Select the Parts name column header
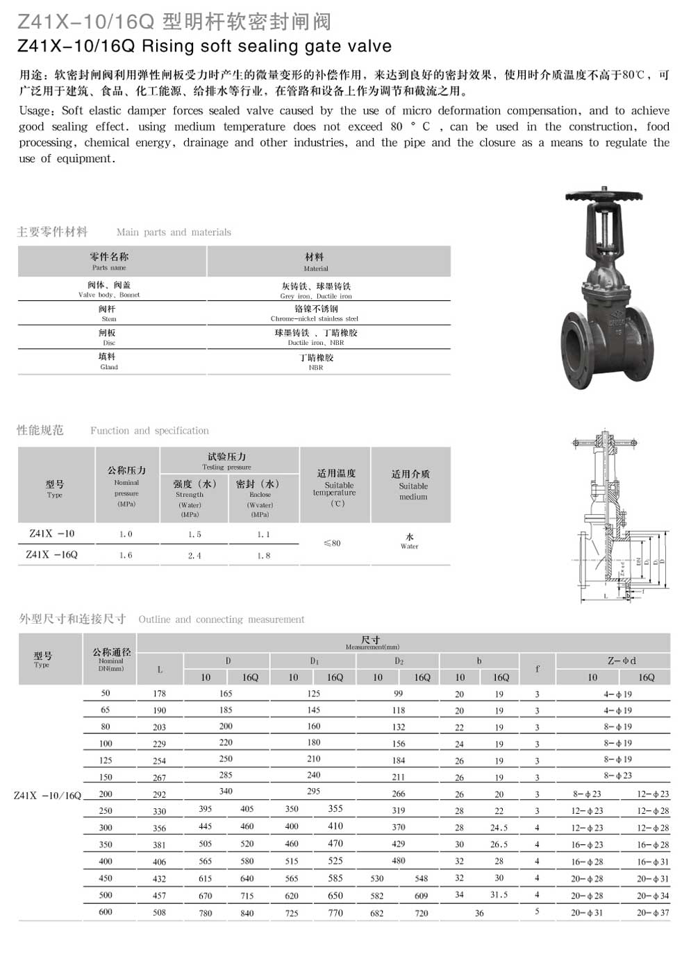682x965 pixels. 109,262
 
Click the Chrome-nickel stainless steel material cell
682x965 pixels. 315,314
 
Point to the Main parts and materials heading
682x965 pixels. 174,232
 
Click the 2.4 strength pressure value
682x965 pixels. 194,556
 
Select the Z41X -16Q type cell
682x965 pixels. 52,555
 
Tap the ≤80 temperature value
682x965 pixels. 332,543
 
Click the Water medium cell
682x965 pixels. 409,541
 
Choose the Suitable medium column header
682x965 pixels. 410,485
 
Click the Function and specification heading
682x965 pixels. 149,431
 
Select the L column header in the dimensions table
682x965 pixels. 160,669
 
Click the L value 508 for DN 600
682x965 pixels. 160,913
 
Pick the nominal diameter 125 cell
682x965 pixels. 106,760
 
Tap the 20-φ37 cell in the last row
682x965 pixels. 653,913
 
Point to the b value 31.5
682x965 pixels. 499,895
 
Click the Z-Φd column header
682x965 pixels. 622,661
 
